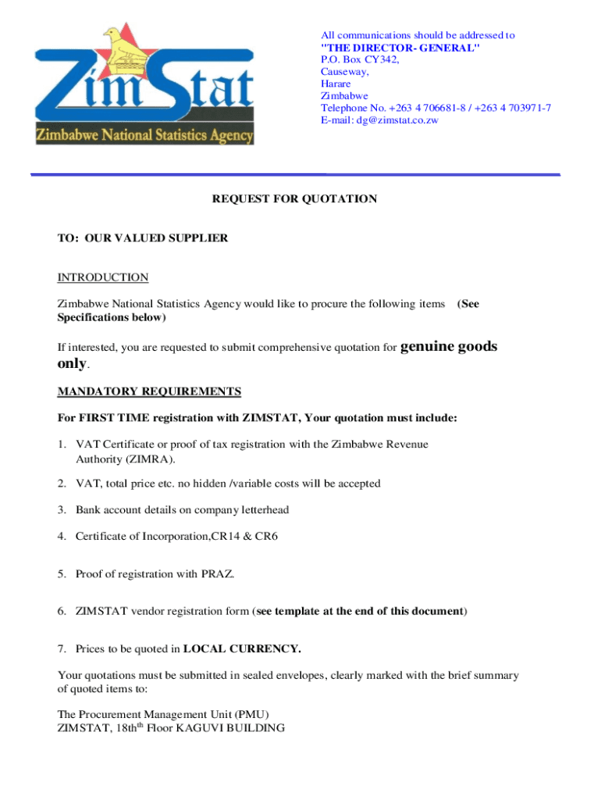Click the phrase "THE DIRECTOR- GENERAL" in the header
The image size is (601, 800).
pos(400,48)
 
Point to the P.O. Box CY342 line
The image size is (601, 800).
pos(360,59)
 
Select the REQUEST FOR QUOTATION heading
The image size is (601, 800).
pos(294,199)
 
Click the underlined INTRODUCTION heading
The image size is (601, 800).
pos(103,277)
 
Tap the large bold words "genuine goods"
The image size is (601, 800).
pos(448,346)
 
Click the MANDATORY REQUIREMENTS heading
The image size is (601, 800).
pos(150,391)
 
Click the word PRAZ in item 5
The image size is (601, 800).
pos(218,574)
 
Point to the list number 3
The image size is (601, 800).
pos(62,510)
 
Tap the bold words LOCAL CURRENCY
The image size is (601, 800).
pos(242,648)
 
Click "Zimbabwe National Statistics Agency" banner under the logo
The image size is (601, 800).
pos(144,136)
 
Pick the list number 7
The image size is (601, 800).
pos(62,648)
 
